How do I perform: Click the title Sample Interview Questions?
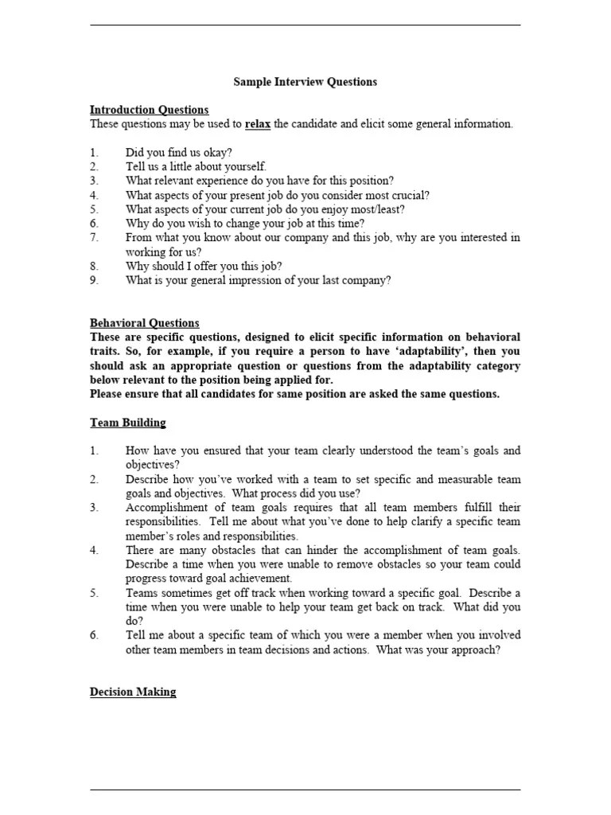[305, 82]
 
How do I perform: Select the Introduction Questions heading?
[149, 110]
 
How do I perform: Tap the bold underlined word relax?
[258, 124]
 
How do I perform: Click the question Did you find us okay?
[179, 152]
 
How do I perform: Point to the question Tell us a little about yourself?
[196, 166]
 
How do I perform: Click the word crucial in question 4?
[411, 195]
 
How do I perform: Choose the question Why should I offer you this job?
[204, 266]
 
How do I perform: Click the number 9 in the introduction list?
[94, 280]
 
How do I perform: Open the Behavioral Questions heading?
[144, 323]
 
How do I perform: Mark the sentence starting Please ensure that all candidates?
[294, 394]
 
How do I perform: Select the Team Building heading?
[127, 423]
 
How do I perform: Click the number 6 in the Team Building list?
[94, 635]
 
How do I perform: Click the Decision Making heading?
[133, 692]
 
